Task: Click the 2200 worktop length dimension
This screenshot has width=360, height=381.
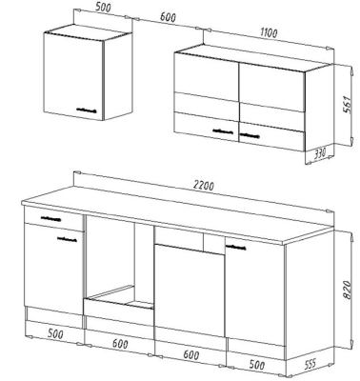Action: point(203,186)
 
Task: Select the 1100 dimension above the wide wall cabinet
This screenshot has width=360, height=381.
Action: point(269,32)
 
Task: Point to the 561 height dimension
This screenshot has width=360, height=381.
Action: point(348,105)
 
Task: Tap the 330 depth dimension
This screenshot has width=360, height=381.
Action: point(320,153)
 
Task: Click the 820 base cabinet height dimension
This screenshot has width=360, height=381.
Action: point(347,290)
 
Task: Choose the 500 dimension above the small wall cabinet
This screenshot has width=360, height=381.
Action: point(103,8)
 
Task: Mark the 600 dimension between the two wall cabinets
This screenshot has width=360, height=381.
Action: point(168,17)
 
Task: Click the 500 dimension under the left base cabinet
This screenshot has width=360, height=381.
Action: point(55,333)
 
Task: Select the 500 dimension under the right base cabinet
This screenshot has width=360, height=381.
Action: point(256,365)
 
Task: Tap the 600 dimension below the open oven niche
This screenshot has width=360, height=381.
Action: point(120,344)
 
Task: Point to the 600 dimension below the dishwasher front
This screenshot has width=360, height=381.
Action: point(191,354)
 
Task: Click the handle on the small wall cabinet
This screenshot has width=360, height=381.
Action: point(86,110)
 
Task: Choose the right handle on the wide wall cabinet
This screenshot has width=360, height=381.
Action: point(250,136)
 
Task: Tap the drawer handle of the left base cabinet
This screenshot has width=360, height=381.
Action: point(50,218)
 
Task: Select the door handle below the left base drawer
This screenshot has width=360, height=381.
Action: point(67,239)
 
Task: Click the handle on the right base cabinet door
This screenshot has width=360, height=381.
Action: point(236,247)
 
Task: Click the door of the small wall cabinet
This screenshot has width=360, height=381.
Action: point(74,76)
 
